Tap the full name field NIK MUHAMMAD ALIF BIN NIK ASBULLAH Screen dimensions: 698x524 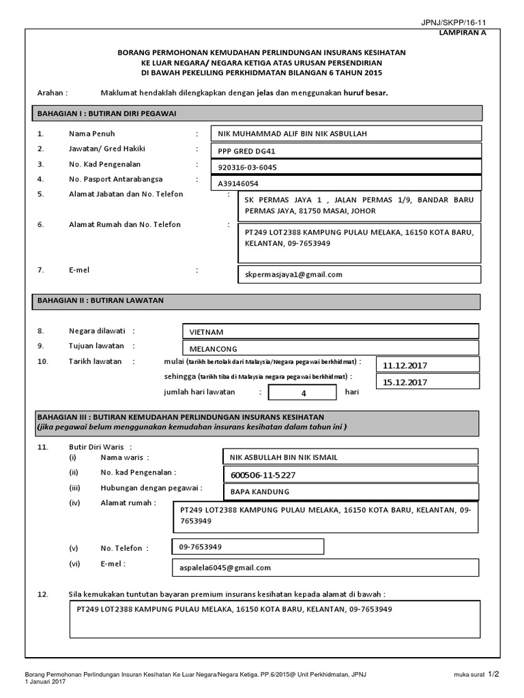(346, 134)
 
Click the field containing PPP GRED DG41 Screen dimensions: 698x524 (346, 151)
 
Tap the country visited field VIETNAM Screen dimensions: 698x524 (330, 332)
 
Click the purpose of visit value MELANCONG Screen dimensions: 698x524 (330, 348)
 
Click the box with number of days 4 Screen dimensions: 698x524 (302, 393)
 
